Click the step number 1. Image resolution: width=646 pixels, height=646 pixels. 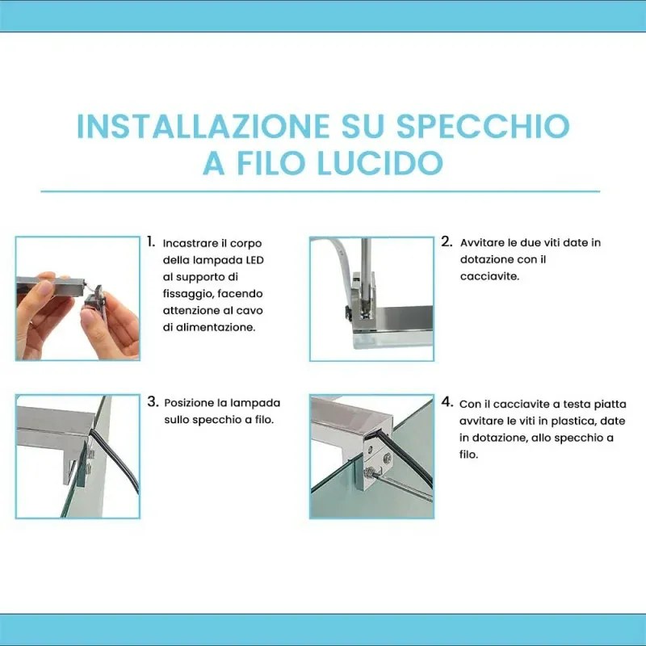pos(151,241)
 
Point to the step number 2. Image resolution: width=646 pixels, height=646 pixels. pos(447,241)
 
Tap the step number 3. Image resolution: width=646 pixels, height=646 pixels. pos(152,401)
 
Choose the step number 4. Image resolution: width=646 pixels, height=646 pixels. pos(447,401)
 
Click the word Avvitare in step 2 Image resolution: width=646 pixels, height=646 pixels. pos(482,242)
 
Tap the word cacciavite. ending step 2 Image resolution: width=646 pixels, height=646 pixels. pos(489,276)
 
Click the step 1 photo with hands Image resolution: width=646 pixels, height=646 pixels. pos(78,298)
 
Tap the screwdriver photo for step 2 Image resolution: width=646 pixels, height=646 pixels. pos(371,298)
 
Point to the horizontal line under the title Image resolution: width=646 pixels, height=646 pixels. pos(321,192)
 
